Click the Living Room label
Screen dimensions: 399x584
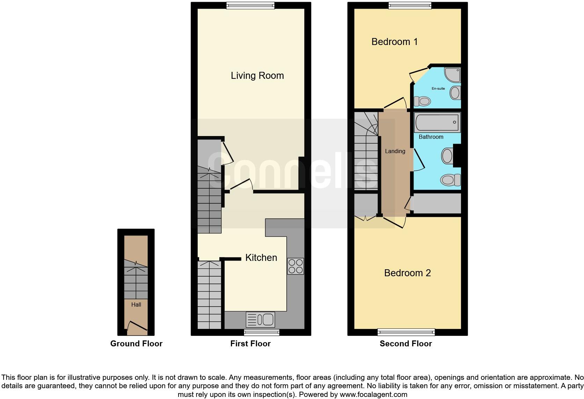coord(257,76)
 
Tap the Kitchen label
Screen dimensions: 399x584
coord(261,258)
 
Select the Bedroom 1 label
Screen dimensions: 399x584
coord(394,42)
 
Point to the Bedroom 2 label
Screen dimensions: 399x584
coord(407,273)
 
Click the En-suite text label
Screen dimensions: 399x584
coord(438,89)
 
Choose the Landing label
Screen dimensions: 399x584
coord(395,151)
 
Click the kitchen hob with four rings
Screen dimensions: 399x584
coord(295,266)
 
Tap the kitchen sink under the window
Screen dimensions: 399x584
coord(261,319)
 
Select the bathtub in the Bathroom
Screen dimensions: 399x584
coord(437,122)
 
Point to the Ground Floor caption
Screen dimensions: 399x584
coord(136,344)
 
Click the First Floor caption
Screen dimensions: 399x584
coord(250,344)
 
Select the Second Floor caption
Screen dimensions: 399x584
coord(406,344)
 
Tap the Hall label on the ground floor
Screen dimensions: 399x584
coord(136,305)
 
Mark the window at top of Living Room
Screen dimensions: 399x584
coord(250,5)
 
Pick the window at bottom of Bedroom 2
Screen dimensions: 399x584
coord(406,332)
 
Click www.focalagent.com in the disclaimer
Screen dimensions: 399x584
coord(373,395)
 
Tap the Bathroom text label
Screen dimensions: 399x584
coord(431,137)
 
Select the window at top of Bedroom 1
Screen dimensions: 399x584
coord(410,5)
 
